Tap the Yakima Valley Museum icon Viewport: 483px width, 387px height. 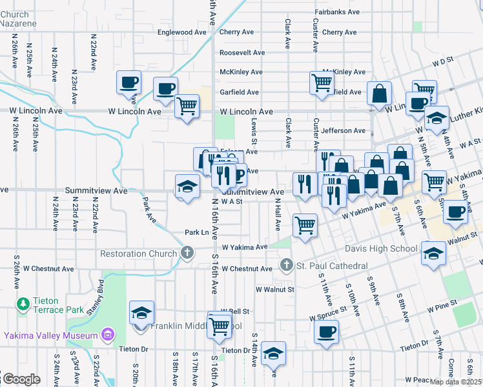pyautogui.click(x=108, y=335)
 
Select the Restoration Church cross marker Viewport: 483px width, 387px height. pyautogui.click(x=187, y=253)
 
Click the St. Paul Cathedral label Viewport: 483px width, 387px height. pyautogui.click(x=331, y=266)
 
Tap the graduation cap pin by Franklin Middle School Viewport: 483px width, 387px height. pyautogui.click(x=141, y=313)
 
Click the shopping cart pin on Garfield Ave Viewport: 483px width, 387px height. pyautogui.click(x=321, y=83)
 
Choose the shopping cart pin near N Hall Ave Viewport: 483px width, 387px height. pyautogui.click(x=305, y=225)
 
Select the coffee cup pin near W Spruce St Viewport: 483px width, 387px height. pyautogui.click(x=326, y=332)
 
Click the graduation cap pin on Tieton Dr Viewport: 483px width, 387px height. pyautogui.click(x=274, y=352)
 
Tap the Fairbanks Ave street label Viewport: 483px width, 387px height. pyautogui.click(x=337, y=12)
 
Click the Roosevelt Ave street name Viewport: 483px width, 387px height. pyautogui.click(x=242, y=52)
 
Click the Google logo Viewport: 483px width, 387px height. pyautogui.click(x=21, y=379)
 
